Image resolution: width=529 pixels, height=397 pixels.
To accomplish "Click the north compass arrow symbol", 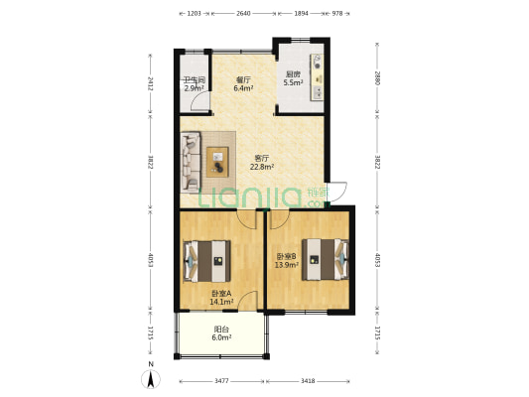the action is tap(151, 379).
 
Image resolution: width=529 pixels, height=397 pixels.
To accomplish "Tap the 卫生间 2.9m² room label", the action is tap(195, 84).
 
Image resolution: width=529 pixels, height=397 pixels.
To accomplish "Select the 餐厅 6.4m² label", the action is tap(243, 84).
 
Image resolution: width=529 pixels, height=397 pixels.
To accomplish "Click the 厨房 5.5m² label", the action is tap(293, 78).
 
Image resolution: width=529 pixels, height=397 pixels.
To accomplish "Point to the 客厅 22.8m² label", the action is tap(261, 162).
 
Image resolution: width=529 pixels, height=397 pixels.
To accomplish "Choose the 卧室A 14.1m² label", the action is tap(221, 298).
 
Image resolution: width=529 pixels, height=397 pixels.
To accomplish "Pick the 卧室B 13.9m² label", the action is tap(286, 261).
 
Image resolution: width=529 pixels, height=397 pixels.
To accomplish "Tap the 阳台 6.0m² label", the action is tap(221, 333).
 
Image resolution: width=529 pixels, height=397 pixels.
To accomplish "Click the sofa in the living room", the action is tap(191, 162).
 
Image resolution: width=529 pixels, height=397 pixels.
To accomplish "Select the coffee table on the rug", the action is tap(217, 162).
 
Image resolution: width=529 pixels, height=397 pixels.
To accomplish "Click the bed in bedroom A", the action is tap(206, 261).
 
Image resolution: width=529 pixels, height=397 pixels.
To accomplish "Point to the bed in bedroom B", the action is tap(325, 259).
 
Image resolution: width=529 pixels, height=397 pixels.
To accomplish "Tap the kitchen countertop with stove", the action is tap(317, 77).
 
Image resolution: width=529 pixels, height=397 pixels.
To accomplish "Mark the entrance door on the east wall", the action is tap(337, 193).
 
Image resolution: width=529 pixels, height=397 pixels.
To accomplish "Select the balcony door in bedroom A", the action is tap(247, 300).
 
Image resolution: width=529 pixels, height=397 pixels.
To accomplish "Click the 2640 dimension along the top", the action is tap(243, 14).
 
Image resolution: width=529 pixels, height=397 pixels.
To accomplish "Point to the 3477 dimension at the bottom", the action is tap(221, 381).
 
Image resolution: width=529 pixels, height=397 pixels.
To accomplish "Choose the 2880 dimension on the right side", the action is tap(377, 78).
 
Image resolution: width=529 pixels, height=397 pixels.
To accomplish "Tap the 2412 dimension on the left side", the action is tap(151, 83).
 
